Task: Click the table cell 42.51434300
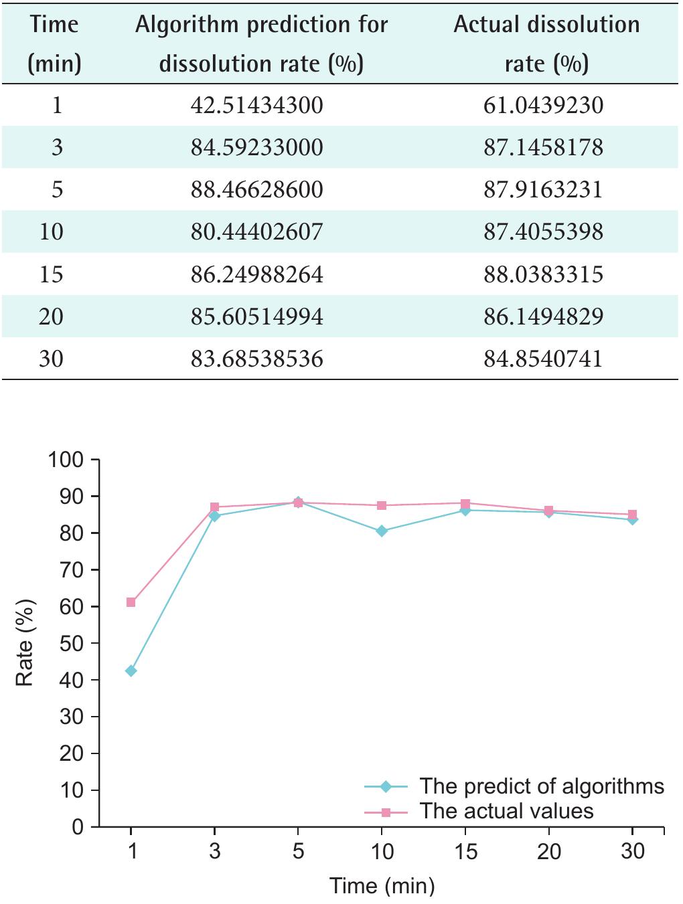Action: [256, 105]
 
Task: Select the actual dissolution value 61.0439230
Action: [543, 105]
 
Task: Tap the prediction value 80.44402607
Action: [256, 232]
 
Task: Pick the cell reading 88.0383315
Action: [543, 274]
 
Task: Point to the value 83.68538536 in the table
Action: [256, 359]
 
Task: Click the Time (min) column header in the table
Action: [55, 43]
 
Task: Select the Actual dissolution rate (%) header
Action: [546, 43]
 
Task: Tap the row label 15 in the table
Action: [51, 274]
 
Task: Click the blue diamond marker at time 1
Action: [131, 670]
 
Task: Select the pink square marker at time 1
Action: [131, 602]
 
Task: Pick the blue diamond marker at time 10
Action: [382, 531]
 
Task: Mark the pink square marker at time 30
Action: [632, 515]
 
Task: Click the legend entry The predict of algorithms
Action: [541, 786]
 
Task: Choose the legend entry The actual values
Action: [506, 811]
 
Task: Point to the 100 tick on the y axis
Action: [66, 460]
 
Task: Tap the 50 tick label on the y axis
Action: [70, 644]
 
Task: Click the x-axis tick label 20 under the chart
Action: [549, 851]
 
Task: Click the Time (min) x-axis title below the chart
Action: [382, 886]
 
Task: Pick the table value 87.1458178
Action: [543, 147]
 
